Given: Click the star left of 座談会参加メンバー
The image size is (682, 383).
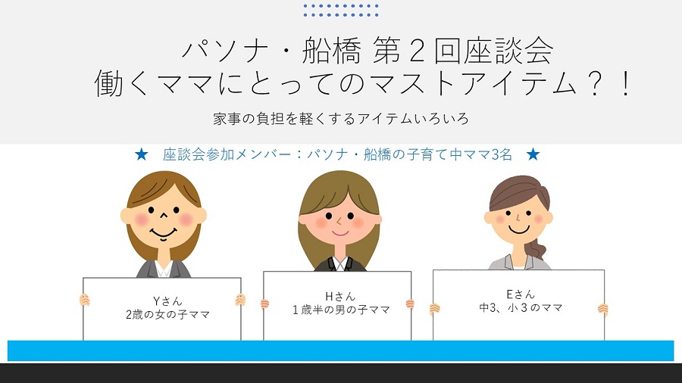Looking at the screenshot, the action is click(x=142, y=154).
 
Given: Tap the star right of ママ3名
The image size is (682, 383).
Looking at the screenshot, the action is click(x=533, y=154).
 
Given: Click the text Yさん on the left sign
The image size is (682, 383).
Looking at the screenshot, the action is click(x=167, y=301).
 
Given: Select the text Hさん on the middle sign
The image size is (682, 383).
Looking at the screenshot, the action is click(x=340, y=297).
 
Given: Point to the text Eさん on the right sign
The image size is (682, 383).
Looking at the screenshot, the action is click(x=520, y=294).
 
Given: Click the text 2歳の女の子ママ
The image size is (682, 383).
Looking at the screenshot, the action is click(x=168, y=314).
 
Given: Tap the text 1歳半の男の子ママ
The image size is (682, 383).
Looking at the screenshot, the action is click(x=341, y=310).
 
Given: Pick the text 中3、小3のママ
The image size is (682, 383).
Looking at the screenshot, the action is click(x=521, y=307).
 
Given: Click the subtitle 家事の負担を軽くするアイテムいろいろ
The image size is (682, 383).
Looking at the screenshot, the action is click(x=340, y=119).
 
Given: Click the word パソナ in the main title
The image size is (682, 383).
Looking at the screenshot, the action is click(x=225, y=51).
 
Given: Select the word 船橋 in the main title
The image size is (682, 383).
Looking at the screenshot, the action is click(x=331, y=51).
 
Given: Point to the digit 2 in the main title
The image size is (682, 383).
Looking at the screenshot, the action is click(x=417, y=51).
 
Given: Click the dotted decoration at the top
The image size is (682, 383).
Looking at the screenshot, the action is click(x=341, y=11).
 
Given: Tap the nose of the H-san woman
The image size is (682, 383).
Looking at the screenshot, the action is click(x=339, y=222).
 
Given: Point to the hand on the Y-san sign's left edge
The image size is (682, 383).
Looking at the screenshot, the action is click(x=84, y=300).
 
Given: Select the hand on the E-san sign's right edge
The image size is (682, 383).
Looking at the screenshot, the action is click(x=603, y=309).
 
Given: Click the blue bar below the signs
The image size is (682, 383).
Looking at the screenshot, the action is click(x=340, y=351).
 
